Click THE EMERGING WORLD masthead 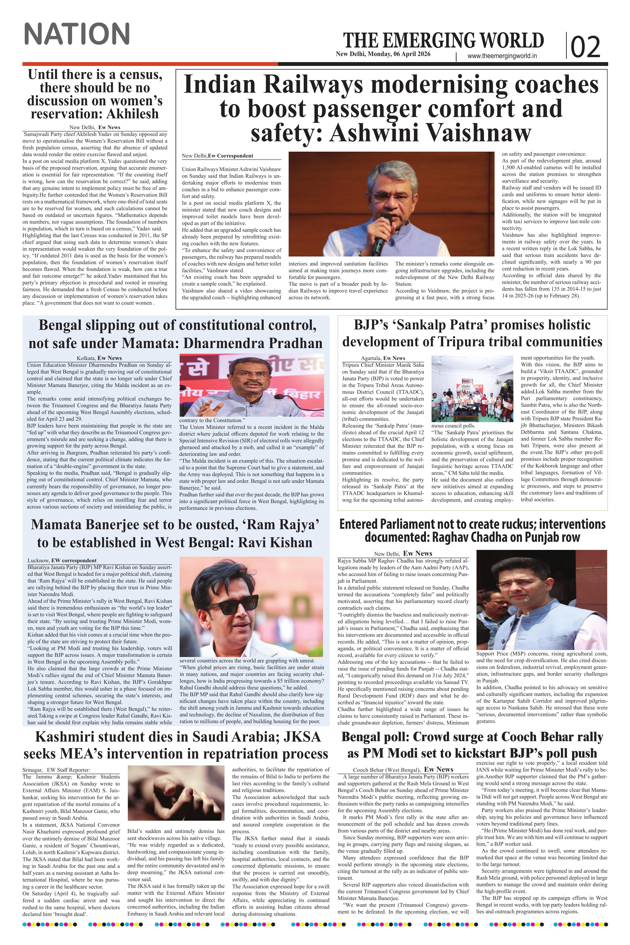(443, 40)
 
